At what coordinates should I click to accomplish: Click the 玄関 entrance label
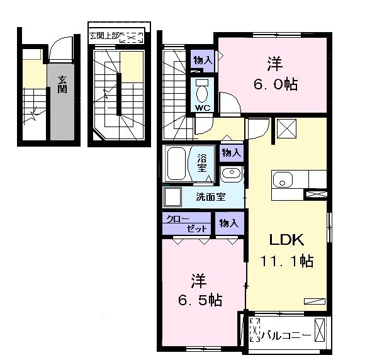click(62, 84)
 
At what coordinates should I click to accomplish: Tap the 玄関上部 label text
click(104, 36)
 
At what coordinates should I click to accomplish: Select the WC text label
click(203, 107)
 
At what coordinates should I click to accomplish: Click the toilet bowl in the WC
click(202, 93)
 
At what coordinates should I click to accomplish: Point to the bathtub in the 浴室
click(176, 164)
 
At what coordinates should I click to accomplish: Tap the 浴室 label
click(202, 163)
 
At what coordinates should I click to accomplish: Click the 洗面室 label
click(211, 197)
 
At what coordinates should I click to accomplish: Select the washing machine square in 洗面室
click(172, 196)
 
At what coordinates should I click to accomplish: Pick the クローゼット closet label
click(186, 223)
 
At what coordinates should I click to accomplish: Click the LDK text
click(286, 240)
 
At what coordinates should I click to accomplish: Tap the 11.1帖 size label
click(286, 261)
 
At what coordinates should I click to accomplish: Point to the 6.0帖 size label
click(276, 84)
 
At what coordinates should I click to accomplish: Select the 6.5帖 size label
click(200, 300)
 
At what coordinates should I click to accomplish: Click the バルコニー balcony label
click(286, 335)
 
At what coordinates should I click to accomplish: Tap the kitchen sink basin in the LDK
click(283, 180)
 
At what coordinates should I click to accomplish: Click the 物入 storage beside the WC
click(203, 60)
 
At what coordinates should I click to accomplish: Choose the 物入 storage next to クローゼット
click(229, 223)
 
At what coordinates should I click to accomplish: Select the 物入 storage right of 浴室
click(231, 152)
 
